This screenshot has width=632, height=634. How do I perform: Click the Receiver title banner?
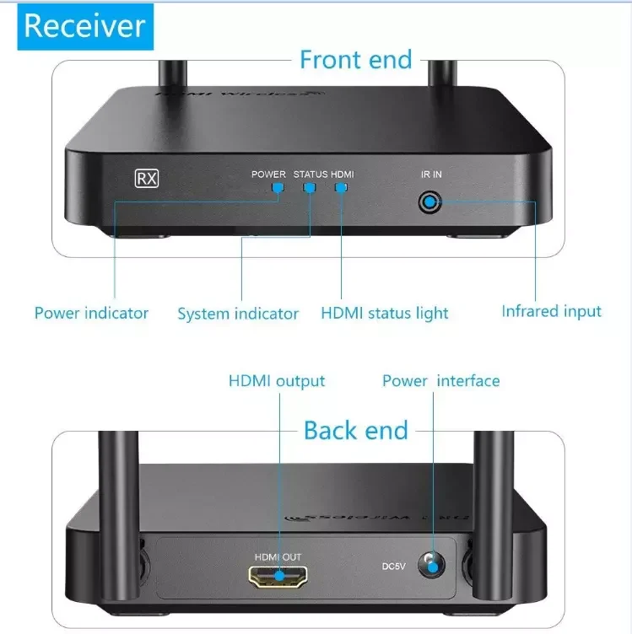[84, 26]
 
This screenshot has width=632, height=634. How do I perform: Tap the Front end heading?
[355, 60]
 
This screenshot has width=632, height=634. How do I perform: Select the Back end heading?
[355, 430]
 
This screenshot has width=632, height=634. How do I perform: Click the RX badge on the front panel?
[147, 178]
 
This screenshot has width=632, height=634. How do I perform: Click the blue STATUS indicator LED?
[310, 187]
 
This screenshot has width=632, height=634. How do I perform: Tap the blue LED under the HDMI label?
[341, 187]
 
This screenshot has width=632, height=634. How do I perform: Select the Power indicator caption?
[91, 313]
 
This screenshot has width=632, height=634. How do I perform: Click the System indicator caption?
[238, 314]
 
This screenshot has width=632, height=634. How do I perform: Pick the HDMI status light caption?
[385, 314]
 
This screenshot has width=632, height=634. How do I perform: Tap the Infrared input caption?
[552, 311]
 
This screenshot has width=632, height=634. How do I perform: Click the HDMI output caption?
[277, 381]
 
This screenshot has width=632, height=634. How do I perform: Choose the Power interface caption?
[440, 381]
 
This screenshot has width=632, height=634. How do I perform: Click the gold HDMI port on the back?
[278, 578]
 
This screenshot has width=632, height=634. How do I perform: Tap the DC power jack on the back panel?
[433, 565]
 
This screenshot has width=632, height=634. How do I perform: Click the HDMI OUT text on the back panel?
[278, 557]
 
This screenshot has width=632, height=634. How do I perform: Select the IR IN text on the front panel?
[431, 175]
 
